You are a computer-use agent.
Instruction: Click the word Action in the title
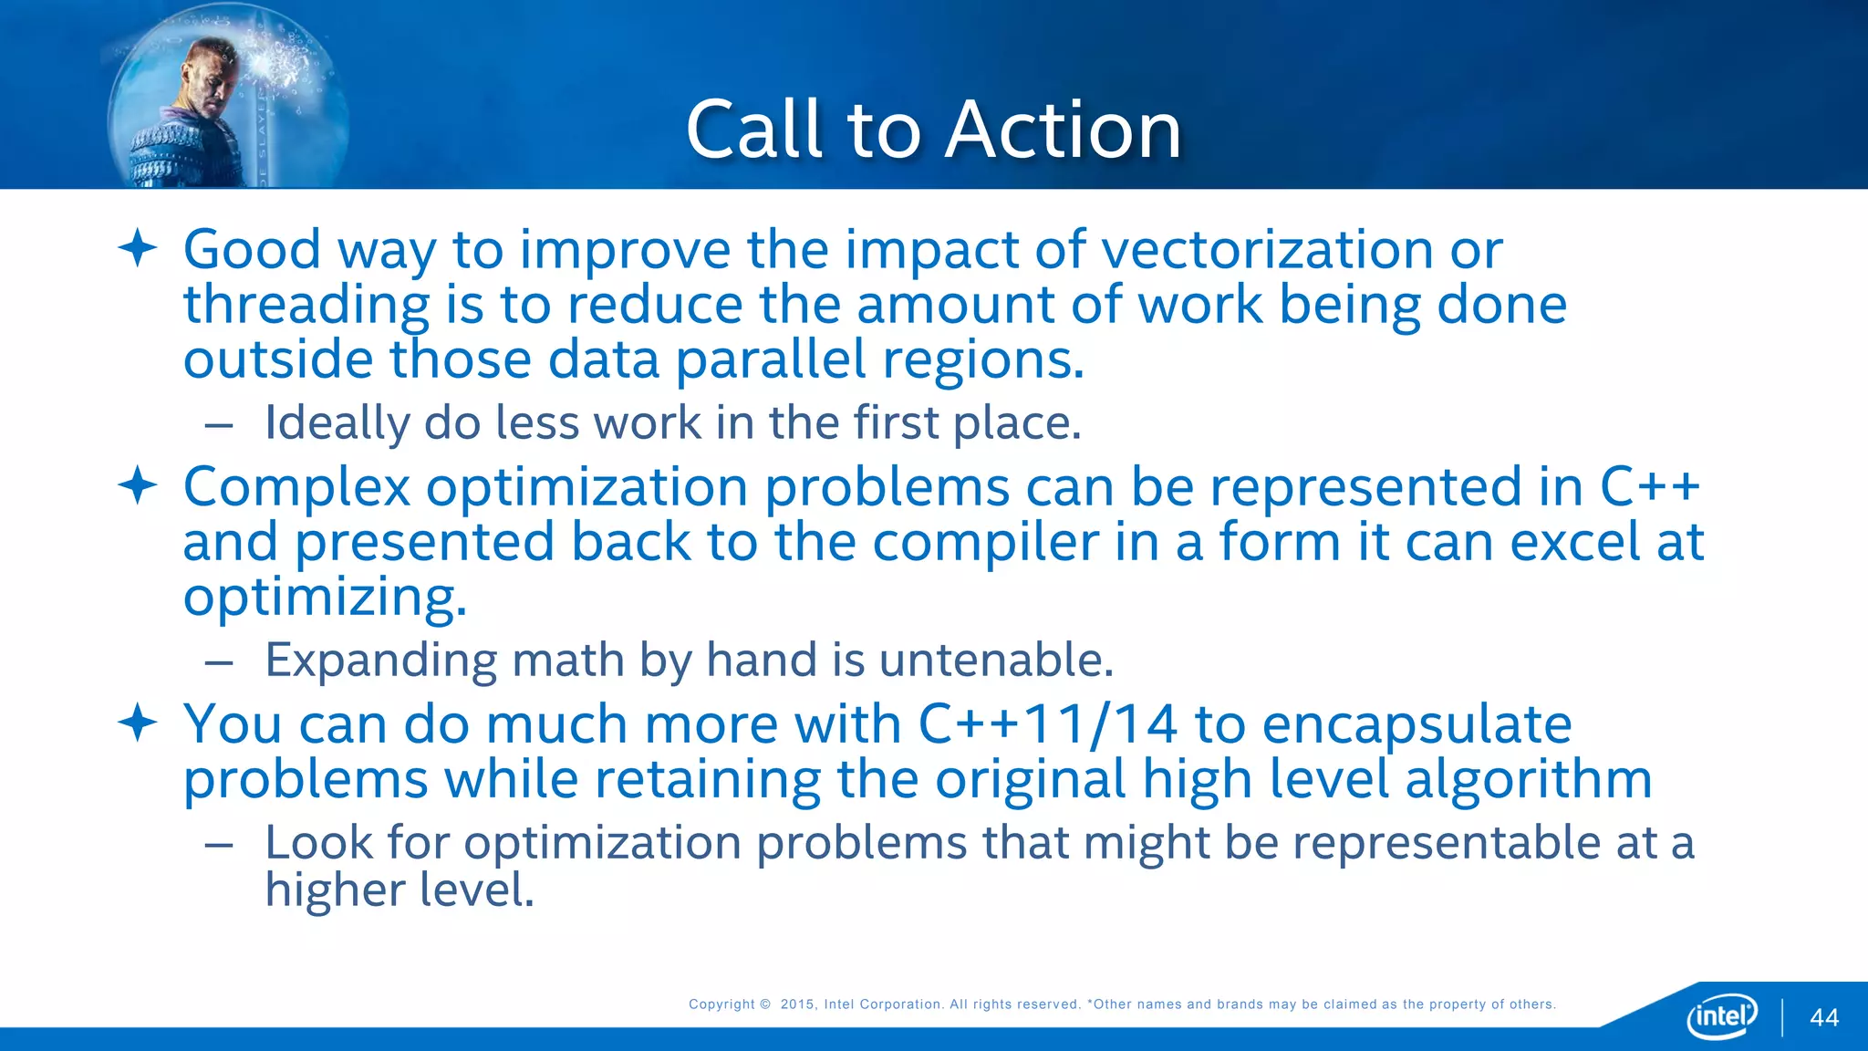coord(1063,130)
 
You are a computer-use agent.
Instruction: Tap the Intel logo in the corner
coord(1721,1015)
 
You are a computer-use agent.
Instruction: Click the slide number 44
coord(1823,1018)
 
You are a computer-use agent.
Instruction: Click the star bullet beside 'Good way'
coord(138,248)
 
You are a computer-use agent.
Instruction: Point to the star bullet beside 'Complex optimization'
coord(138,485)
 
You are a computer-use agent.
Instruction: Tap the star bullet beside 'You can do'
coord(138,723)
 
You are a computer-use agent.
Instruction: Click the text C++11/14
coord(1047,724)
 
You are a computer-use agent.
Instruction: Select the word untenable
coord(996,660)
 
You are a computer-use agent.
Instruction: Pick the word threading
coord(306,307)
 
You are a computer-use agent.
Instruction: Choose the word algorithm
coord(1528,781)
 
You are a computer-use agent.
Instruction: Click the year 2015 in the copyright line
coord(797,1004)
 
